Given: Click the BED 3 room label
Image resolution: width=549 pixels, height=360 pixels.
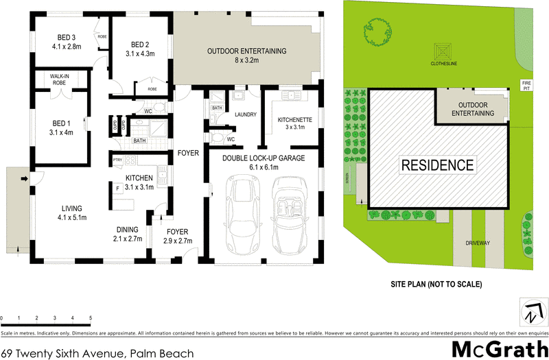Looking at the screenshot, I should [66, 42].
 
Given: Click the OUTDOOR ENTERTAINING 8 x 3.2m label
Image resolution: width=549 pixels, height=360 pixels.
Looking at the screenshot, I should [247, 56].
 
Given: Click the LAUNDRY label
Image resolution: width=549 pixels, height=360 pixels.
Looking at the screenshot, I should [245, 115].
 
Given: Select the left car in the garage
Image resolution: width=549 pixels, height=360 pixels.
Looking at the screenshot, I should [242, 215].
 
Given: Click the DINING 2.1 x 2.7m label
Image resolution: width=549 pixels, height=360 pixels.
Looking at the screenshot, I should [128, 234].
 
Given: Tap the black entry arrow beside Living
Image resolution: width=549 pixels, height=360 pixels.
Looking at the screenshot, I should [25, 180].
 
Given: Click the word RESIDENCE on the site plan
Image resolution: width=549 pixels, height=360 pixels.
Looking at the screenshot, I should [437, 165].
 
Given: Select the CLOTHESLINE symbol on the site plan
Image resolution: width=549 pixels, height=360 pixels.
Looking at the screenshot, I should [440, 52].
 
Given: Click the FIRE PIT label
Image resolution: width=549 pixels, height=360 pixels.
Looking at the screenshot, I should [526, 86].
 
